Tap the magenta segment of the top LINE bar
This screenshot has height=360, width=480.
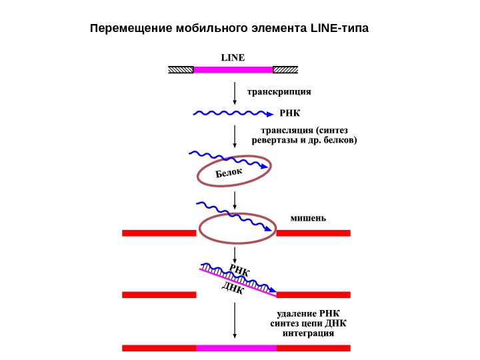pos(233,69)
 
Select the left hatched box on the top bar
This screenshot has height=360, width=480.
pos(180,69)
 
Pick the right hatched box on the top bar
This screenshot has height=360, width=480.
pos(285,69)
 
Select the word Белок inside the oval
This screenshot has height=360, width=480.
pos(229,173)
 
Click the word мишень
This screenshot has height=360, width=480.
pos(308,217)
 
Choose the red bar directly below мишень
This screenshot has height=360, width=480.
pos(313,233)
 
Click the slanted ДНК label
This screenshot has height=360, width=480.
pos(233,289)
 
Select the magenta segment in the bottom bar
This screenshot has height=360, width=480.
pos(236,347)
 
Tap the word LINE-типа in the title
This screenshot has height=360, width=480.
pos(339,29)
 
